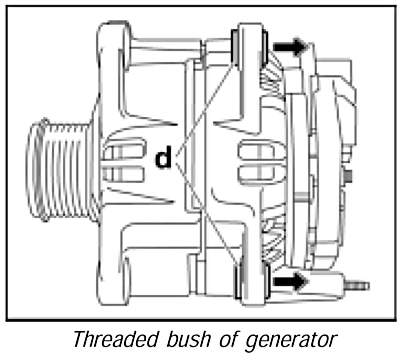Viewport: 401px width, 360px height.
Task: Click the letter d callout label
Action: [163, 159]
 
